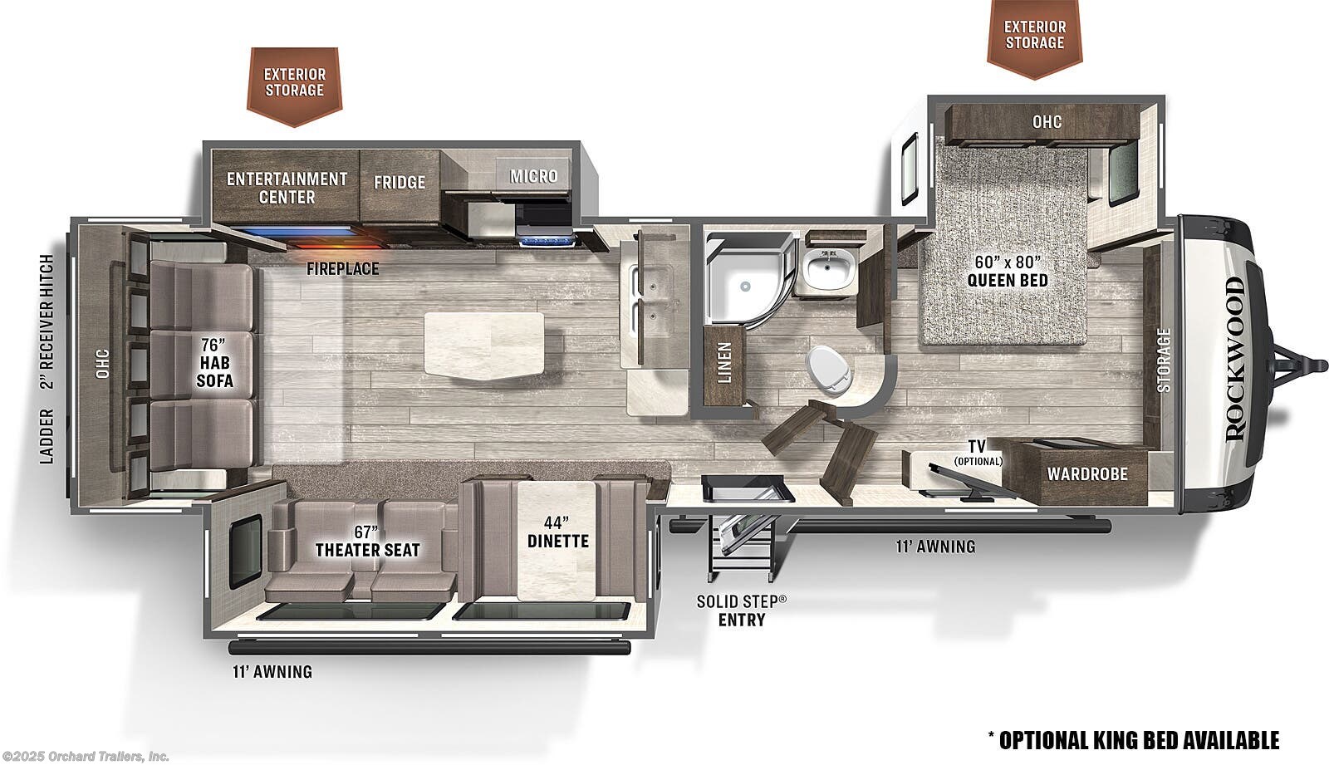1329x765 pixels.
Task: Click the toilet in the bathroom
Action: tap(831, 370)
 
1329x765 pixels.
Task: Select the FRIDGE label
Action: tap(400, 182)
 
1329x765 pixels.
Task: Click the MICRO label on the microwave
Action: tap(534, 175)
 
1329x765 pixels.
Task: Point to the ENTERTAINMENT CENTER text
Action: tap(287, 188)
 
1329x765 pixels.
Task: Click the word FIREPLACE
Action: tap(342, 269)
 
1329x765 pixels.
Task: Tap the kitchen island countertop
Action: tap(485, 344)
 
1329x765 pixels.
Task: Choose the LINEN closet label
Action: tap(724, 363)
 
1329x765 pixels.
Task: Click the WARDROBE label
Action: tap(1087, 473)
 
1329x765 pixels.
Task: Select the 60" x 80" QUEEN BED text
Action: tap(1008, 272)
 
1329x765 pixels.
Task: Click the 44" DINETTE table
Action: tap(557, 541)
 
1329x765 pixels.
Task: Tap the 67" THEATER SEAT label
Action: tap(367, 542)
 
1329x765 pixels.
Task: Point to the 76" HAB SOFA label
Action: tap(214, 363)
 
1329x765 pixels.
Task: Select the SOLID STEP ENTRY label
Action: tap(741, 611)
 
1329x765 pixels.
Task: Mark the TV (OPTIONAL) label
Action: tap(977, 452)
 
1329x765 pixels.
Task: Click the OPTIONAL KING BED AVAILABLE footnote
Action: tap(1133, 740)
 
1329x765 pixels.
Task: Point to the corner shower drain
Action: tap(745, 286)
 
